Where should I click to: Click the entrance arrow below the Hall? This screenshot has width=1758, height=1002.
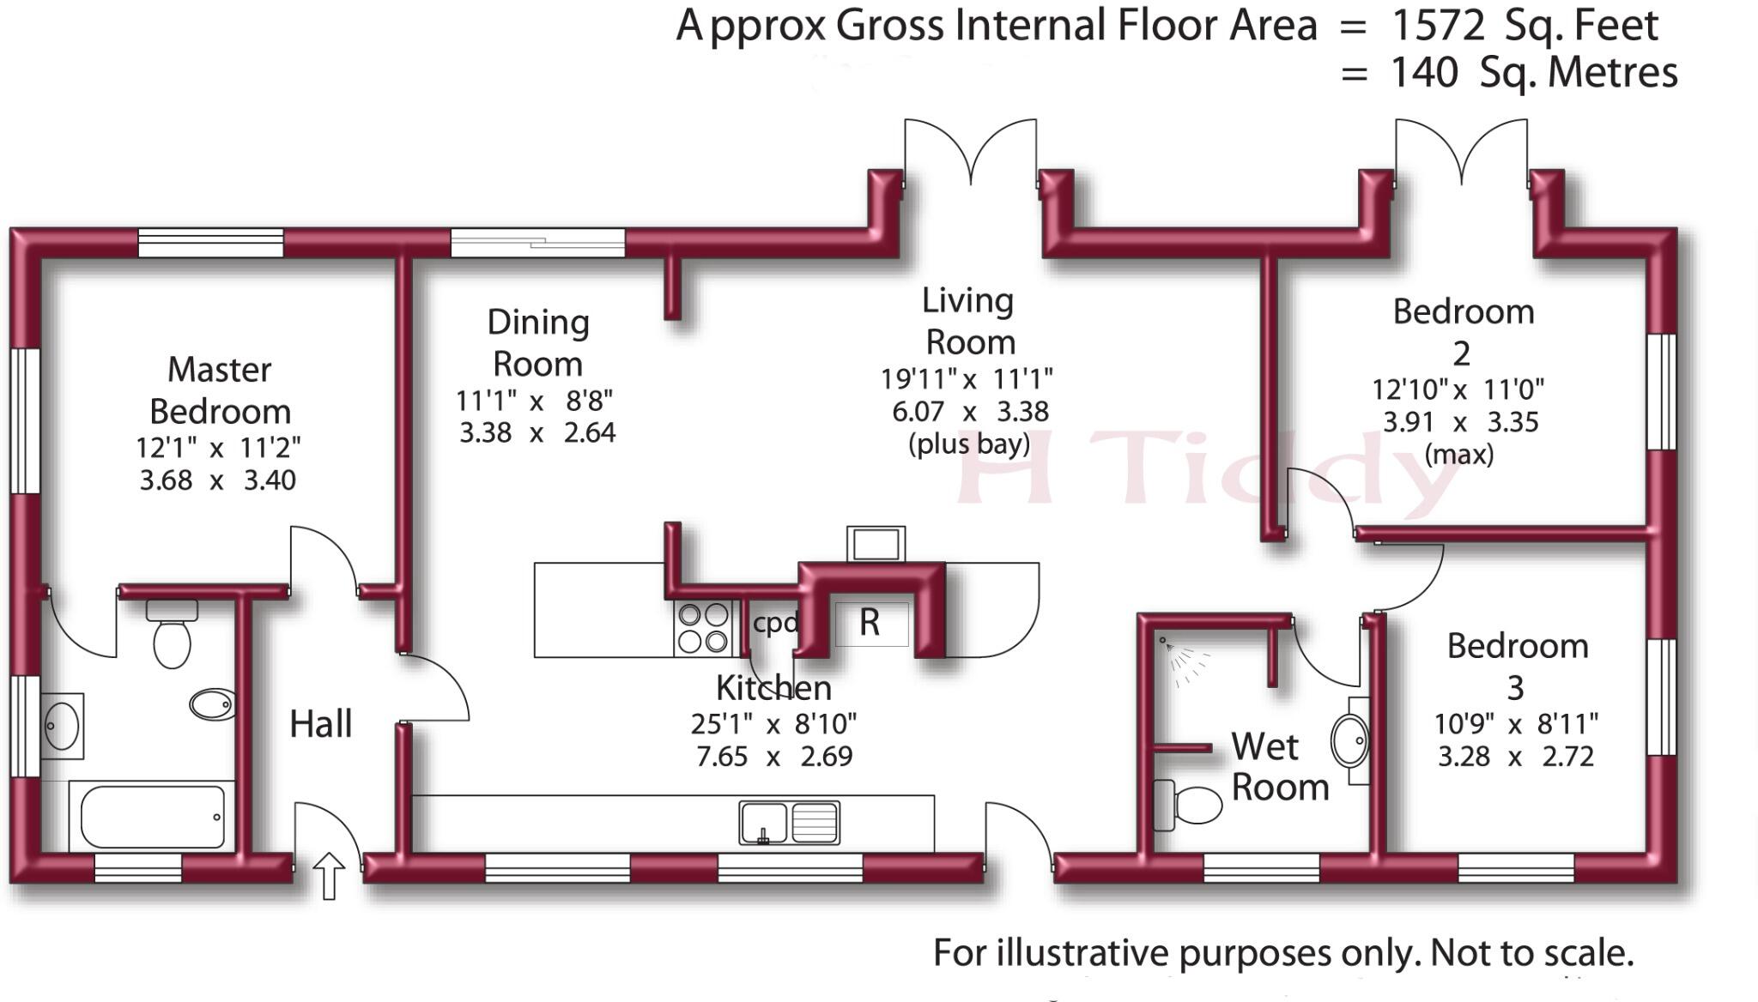tap(329, 876)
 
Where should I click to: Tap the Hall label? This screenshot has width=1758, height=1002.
tap(321, 724)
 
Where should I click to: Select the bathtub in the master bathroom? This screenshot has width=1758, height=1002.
tap(153, 815)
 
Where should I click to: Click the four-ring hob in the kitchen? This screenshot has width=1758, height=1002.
tap(704, 628)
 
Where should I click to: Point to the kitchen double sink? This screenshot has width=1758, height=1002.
tap(789, 823)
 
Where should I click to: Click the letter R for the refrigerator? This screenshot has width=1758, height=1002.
tap(870, 623)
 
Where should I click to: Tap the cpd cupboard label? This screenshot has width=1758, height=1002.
tap(776, 623)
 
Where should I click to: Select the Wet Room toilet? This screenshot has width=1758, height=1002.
tap(1187, 806)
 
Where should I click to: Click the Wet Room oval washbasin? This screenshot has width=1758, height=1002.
tap(1350, 740)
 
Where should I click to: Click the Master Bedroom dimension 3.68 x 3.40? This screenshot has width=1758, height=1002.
tap(218, 480)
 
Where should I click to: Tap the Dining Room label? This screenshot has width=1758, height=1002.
tap(538, 343)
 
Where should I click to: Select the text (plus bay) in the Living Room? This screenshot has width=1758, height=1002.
tap(969, 444)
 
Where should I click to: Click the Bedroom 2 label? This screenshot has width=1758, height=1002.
tap(1464, 332)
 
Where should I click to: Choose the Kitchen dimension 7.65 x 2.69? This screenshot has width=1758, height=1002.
tap(774, 757)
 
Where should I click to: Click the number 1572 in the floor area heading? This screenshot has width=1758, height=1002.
tap(1438, 26)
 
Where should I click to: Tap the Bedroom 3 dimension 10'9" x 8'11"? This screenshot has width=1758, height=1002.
tap(1516, 724)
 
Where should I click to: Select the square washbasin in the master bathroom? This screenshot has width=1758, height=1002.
tap(62, 727)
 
